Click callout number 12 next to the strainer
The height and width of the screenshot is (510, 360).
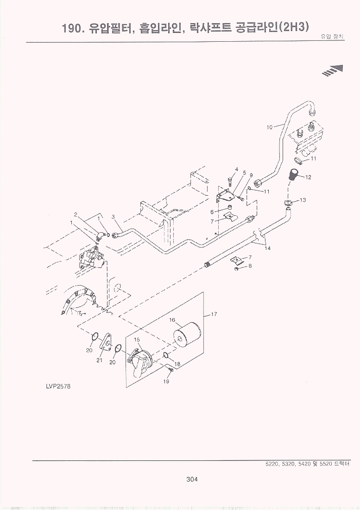(x=308, y=177)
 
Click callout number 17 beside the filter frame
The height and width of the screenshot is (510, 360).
(x=214, y=314)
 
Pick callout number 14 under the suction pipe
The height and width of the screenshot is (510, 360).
(x=267, y=248)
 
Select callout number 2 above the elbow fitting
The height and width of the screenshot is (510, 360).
(x=75, y=214)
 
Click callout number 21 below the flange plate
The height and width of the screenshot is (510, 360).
(x=99, y=361)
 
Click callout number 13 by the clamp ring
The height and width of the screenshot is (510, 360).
(x=303, y=200)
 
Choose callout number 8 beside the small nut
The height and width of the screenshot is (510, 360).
(x=250, y=266)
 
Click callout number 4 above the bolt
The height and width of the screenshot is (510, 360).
(x=236, y=169)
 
